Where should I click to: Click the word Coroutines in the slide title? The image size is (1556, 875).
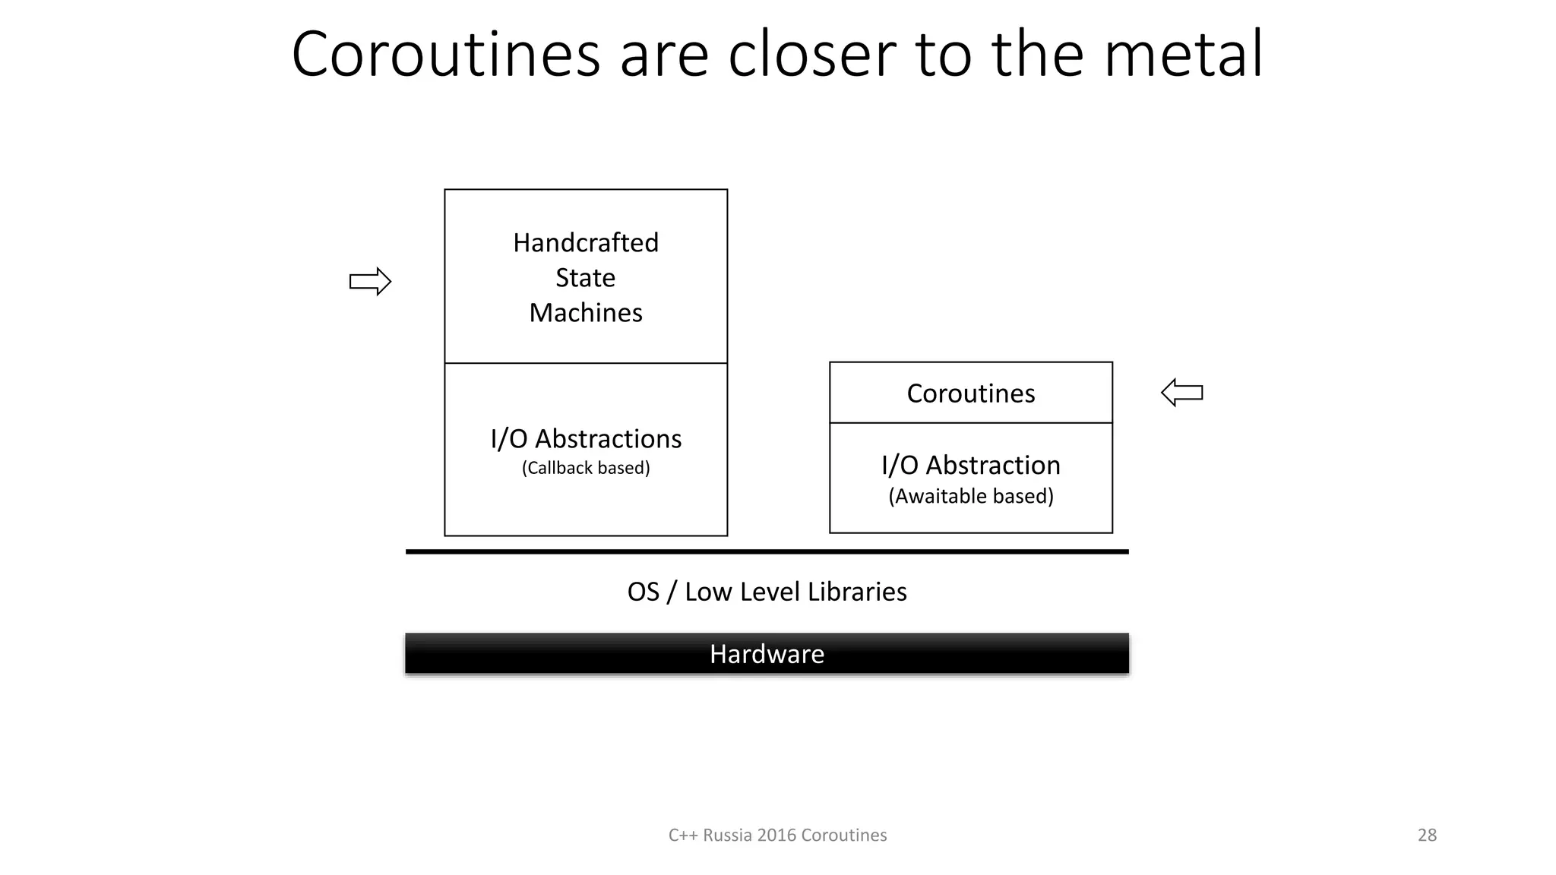click(446, 55)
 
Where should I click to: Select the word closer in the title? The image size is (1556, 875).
click(811, 55)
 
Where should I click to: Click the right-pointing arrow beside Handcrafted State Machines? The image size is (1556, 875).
click(370, 282)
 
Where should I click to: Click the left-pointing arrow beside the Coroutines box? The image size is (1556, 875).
click(1182, 393)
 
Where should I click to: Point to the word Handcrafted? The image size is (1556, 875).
click(586, 243)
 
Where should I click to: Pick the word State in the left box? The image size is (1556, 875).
click(586, 278)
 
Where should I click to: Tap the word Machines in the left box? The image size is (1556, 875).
click(586, 313)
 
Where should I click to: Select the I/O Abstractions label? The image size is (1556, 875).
click(586, 439)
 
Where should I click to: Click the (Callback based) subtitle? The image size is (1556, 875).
click(586, 468)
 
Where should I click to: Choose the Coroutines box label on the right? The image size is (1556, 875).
click(971, 393)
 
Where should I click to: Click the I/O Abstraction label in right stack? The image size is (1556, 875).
click(971, 465)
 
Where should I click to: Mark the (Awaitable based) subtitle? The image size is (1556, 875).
click(971, 496)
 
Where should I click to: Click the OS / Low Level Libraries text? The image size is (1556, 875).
click(767, 592)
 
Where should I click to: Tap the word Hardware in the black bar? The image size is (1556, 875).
click(767, 654)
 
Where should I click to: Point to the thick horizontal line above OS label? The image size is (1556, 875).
click(767, 552)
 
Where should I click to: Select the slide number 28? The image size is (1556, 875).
click(1427, 836)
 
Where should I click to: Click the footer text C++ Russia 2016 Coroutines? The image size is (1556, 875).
click(777, 836)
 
